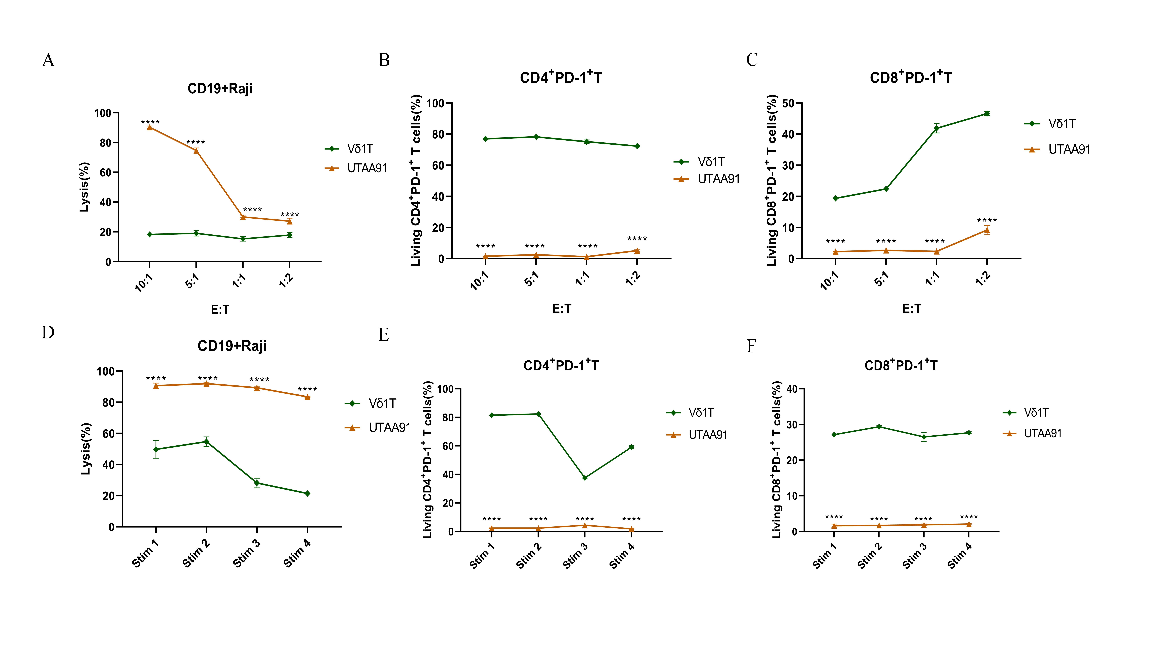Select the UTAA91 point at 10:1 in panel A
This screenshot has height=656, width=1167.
150,128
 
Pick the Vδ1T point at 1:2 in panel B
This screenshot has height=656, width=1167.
637,146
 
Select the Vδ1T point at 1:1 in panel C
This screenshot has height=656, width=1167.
936,129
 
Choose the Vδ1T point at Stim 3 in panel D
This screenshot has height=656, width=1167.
257,483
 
